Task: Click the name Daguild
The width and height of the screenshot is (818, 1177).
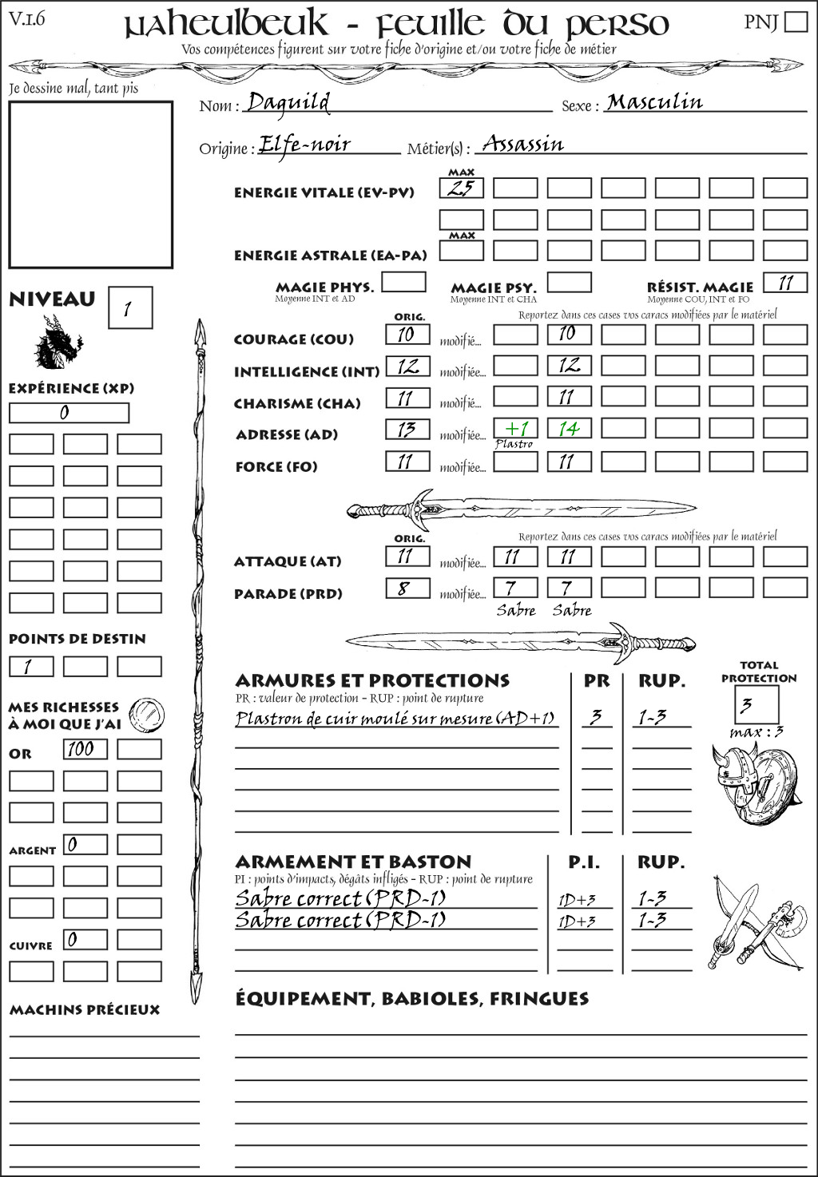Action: (x=288, y=102)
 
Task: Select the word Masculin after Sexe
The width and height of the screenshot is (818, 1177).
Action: (x=654, y=102)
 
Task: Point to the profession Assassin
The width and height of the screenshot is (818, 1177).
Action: (x=523, y=145)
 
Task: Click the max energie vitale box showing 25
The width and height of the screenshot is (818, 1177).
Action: (x=461, y=188)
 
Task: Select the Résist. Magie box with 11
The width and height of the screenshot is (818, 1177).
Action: (x=785, y=283)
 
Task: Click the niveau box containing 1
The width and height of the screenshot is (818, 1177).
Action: (x=129, y=308)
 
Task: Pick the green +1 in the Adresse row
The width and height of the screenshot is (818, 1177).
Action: (x=515, y=428)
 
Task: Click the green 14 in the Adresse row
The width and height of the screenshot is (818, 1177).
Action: (x=569, y=429)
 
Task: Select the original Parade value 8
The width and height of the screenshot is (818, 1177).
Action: (x=407, y=589)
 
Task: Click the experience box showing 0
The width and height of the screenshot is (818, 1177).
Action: (x=69, y=413)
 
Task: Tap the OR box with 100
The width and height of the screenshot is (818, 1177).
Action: (x=85, y=749)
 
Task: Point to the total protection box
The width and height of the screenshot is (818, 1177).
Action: (x=756, y=704)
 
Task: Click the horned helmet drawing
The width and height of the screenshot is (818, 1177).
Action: (x=732, y=778)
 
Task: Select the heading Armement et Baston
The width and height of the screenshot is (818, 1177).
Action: (x=353, y=862)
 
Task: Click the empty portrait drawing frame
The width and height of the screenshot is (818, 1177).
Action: (x=90, y=184)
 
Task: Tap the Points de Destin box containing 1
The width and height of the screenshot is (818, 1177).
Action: (x=31, y=666)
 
